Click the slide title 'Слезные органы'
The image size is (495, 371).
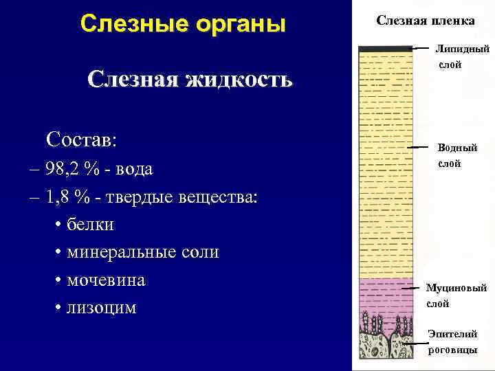pos(182,23)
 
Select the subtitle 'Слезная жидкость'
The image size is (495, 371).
pos(190,80)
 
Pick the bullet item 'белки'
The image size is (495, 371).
pos(90,225)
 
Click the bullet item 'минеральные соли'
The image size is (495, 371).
pos(142,252)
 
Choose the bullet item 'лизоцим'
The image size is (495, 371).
pos(101,308)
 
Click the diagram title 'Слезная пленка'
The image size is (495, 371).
pos(425,21)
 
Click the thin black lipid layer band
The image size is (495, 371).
pos(385,48)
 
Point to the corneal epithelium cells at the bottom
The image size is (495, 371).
pos(385,340)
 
